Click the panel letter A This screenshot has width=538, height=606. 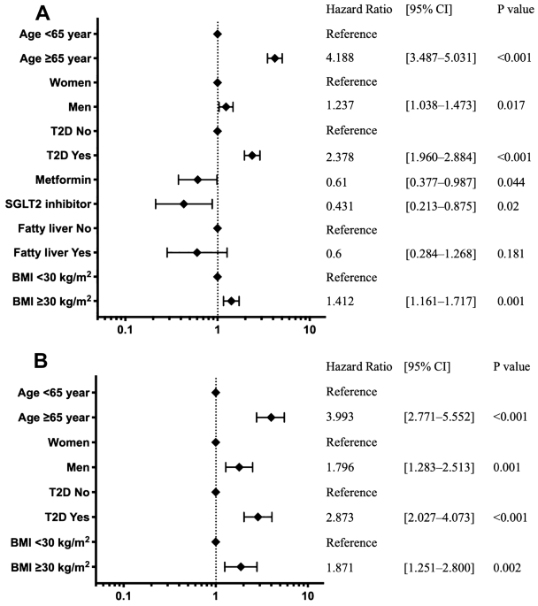(42, 13)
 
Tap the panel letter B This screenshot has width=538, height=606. (41, 361)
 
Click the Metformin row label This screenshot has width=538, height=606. (64, 180)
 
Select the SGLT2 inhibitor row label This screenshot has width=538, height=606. (49, 204)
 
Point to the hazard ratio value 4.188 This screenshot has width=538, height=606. (340, 58)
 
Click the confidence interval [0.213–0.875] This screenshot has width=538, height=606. (441, 206)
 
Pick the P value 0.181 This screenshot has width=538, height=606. (511, 254)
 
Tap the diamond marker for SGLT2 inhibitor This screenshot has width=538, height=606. (183, 204)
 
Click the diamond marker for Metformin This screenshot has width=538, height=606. (197, 180)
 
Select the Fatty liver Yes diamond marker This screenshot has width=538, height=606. (196, 253)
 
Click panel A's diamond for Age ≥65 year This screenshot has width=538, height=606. (275, 58)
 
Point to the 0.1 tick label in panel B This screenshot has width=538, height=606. (123, 596)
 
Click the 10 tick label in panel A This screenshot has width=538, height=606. (310, 330)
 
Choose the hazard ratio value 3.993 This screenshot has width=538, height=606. (340, 417)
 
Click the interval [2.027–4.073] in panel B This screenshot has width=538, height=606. (439, 518)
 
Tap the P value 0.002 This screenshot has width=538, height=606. (507, 568)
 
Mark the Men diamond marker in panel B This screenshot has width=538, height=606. (239, 467)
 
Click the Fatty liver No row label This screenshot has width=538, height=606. (55, 228)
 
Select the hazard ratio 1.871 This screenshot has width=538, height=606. (340, 568)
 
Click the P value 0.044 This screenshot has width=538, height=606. (511, 182)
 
